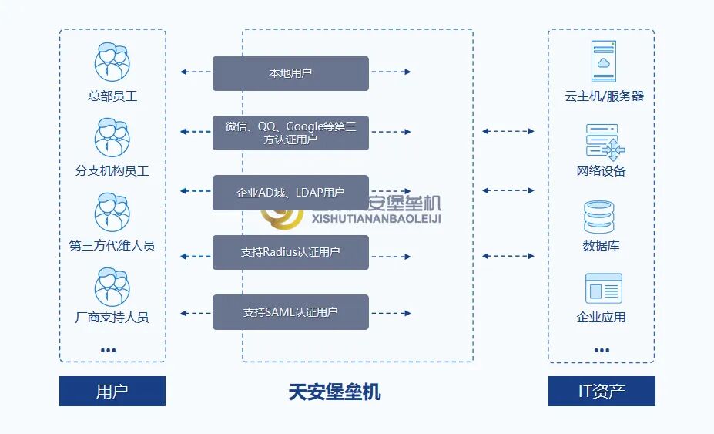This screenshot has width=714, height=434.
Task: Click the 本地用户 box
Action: (290, 73)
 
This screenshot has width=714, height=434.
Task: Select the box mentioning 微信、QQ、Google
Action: (290, 133)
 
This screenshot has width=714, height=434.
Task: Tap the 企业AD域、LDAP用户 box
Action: (290, 193)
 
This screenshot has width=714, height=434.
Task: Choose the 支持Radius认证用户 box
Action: (290, 252)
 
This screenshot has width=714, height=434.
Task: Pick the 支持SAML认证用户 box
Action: (290, 312)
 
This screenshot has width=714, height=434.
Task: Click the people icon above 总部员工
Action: (112, 62)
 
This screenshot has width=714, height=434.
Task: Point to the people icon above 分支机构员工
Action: (112, 137)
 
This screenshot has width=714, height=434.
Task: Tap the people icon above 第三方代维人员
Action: (112, 212)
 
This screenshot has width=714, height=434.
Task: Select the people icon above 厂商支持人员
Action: (112, 286)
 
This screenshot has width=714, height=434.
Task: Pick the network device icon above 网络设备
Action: (604, 142)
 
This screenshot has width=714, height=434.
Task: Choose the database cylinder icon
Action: (601, 217)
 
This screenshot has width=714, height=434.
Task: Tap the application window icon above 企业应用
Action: (603, 288)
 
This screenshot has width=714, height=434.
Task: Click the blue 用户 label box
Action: (112, 391)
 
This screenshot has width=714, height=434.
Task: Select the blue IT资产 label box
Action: (602, 391)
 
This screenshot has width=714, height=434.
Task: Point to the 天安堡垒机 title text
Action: (334, 392)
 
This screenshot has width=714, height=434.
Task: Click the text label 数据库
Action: (601, 246)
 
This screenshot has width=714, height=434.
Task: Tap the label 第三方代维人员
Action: (112, 246)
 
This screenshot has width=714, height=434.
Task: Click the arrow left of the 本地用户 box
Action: (196, 72)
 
